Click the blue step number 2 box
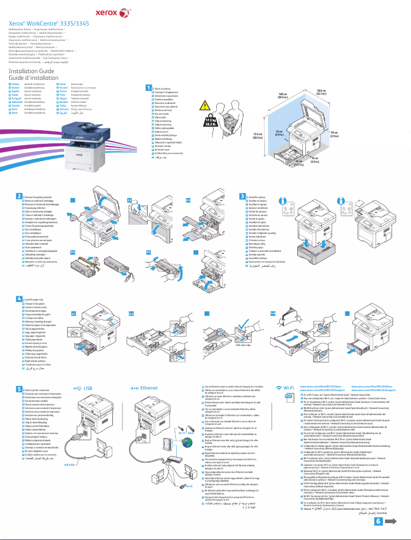pos(19,196)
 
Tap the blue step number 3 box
pos(243,196)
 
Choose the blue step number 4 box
pos(19,298)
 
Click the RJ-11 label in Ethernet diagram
pos(181,433)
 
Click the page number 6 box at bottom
pos(379,521)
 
